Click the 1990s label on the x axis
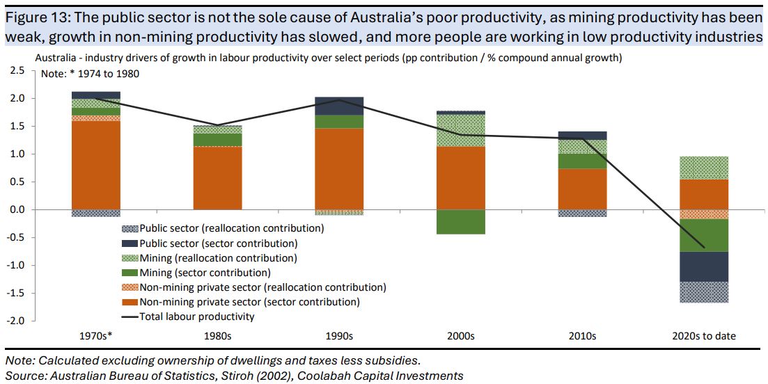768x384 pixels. pyautogui.click(x=339, y=336)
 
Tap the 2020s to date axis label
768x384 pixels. pyautogui.click(x=704, y=336)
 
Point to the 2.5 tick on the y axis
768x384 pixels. pyautogui.click(x=17, y=71)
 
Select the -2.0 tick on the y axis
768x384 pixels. pyautogui.click(x=16, y=321)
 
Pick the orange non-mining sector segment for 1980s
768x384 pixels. pyautogui.click(x=217, y=178)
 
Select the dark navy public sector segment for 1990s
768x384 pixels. pyautogui.click(x=339, y=106)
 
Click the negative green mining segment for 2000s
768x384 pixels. pyautogui.click(x=461, y=221)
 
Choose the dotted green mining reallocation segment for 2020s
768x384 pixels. pyautogui.click(x=704, y=168)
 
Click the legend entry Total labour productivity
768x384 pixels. pyautogui.click(x=197, y=317)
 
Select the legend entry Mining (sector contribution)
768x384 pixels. pyautogui.click(x=205, y=273)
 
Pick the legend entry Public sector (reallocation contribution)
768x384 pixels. pyautogui.click(x=231, y=228)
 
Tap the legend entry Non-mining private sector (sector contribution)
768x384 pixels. pyautogui.click(x=249, y=302)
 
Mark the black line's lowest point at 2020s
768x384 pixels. pyautogui.click(x=704, y=248)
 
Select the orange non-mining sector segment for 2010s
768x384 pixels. pyautogui.click(x=583, y=189)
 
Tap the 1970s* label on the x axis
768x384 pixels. pyautogui.click(x=95, y=336)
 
